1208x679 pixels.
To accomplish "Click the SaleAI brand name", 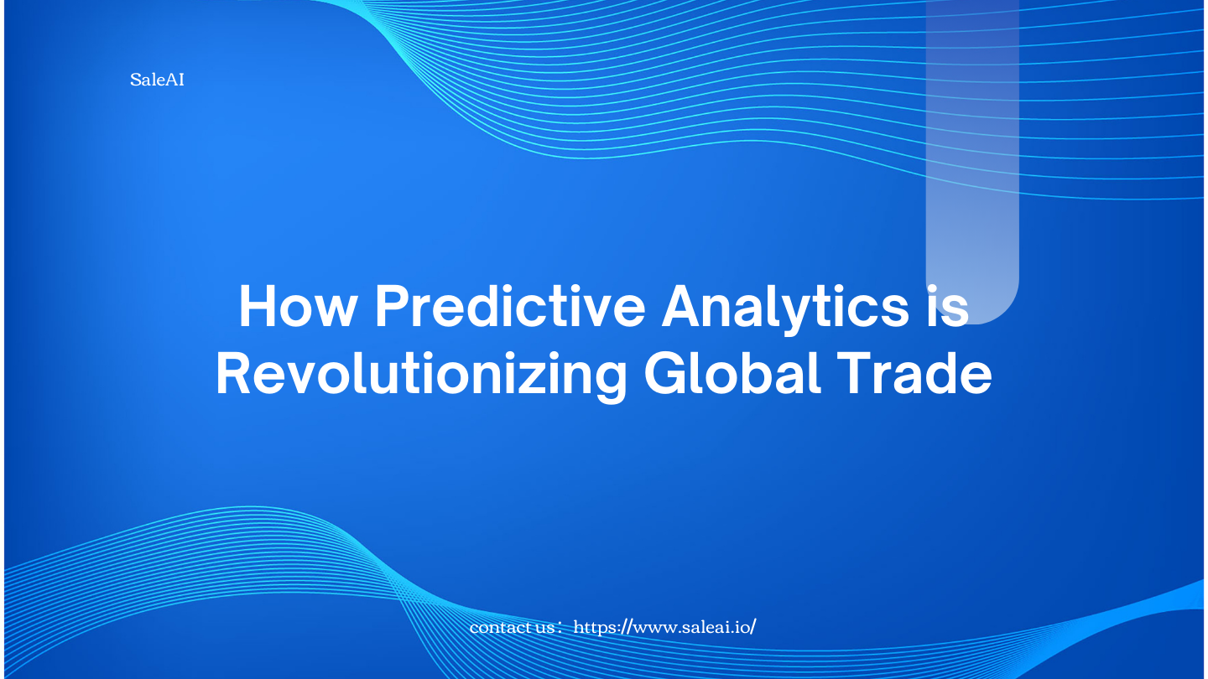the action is click(157, 80).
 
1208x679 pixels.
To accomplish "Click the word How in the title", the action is click(299, 306).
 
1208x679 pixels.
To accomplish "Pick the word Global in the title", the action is click(732, 373).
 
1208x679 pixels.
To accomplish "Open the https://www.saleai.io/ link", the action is click(664, 627).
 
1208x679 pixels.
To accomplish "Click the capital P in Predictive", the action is click(392, 306).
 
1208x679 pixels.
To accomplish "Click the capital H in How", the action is click(258, 306).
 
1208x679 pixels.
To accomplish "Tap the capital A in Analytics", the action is click(682, 306).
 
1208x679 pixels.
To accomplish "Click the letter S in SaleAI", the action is click(135, 80).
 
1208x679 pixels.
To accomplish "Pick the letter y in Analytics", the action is click(796, 316).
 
